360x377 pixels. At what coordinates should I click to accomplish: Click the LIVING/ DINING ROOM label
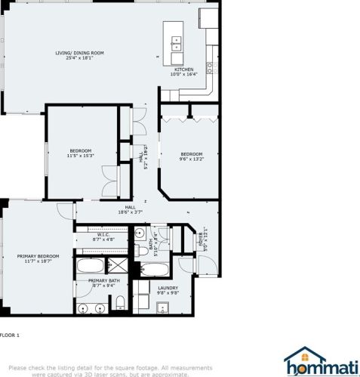pyautogui.click(x=79, y=55)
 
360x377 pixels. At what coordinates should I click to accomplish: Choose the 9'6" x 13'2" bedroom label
pyautogui.click(x=192, y=157)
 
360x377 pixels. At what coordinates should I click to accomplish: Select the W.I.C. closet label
pyautogui.click(x=104, y=237)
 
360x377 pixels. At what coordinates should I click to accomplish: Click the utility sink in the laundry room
pyautogui.click(x=162, y=307)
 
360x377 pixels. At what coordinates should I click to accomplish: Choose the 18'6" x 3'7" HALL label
pyautogui.click(x=130, y=209)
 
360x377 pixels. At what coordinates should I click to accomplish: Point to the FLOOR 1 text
pyautogui.click(x=10, y=335)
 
